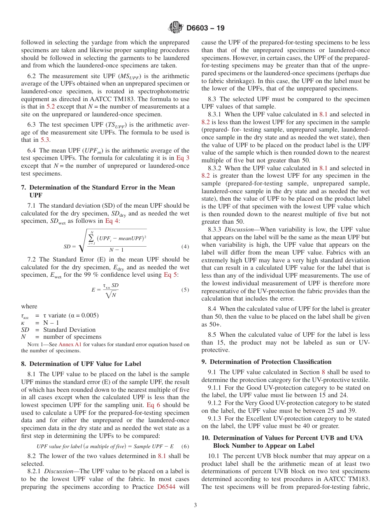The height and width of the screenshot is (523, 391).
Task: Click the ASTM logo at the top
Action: (x=177, y=28)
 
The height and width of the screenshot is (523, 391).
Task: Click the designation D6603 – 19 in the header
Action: (x=205, y=28)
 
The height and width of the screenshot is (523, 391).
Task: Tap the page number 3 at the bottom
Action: (x=195, y=505)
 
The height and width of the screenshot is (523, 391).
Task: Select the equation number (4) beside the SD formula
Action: (x=185, y=247)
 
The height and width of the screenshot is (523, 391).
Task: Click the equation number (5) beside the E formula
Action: (x=185, y=289)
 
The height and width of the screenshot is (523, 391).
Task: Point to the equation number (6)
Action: (x=185, y=447)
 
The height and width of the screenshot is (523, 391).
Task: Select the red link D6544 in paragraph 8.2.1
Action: (x=168, y=487)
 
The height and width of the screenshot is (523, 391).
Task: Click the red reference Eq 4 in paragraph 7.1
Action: (x=112, y=221)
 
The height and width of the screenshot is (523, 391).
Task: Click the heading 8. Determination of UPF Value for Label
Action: (x=81, y=364)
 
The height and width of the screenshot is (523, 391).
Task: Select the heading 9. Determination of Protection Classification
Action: (x=266, y=362)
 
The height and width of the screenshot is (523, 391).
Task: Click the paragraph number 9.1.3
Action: (x=216, y=419)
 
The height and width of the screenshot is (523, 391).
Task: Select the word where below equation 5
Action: (x=29, y=306)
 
